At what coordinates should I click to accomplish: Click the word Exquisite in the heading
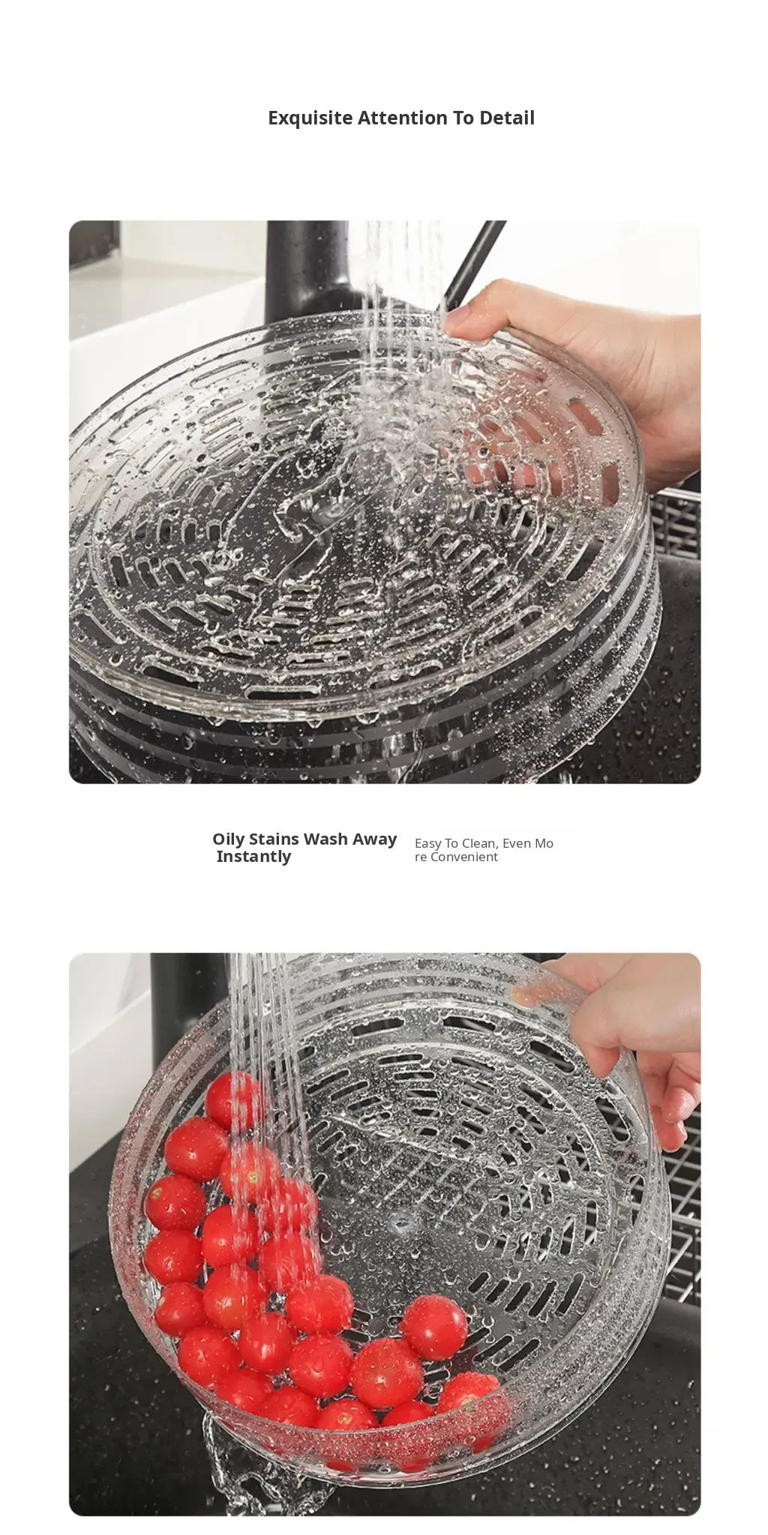(310, 118)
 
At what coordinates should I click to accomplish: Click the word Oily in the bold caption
(228, 839)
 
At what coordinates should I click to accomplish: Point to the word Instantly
(253, 857)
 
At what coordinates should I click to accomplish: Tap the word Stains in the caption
(275, 839)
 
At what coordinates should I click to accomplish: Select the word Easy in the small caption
(427, 844)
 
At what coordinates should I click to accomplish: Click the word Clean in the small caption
(479, 843)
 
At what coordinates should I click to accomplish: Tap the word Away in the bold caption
(374, 839)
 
